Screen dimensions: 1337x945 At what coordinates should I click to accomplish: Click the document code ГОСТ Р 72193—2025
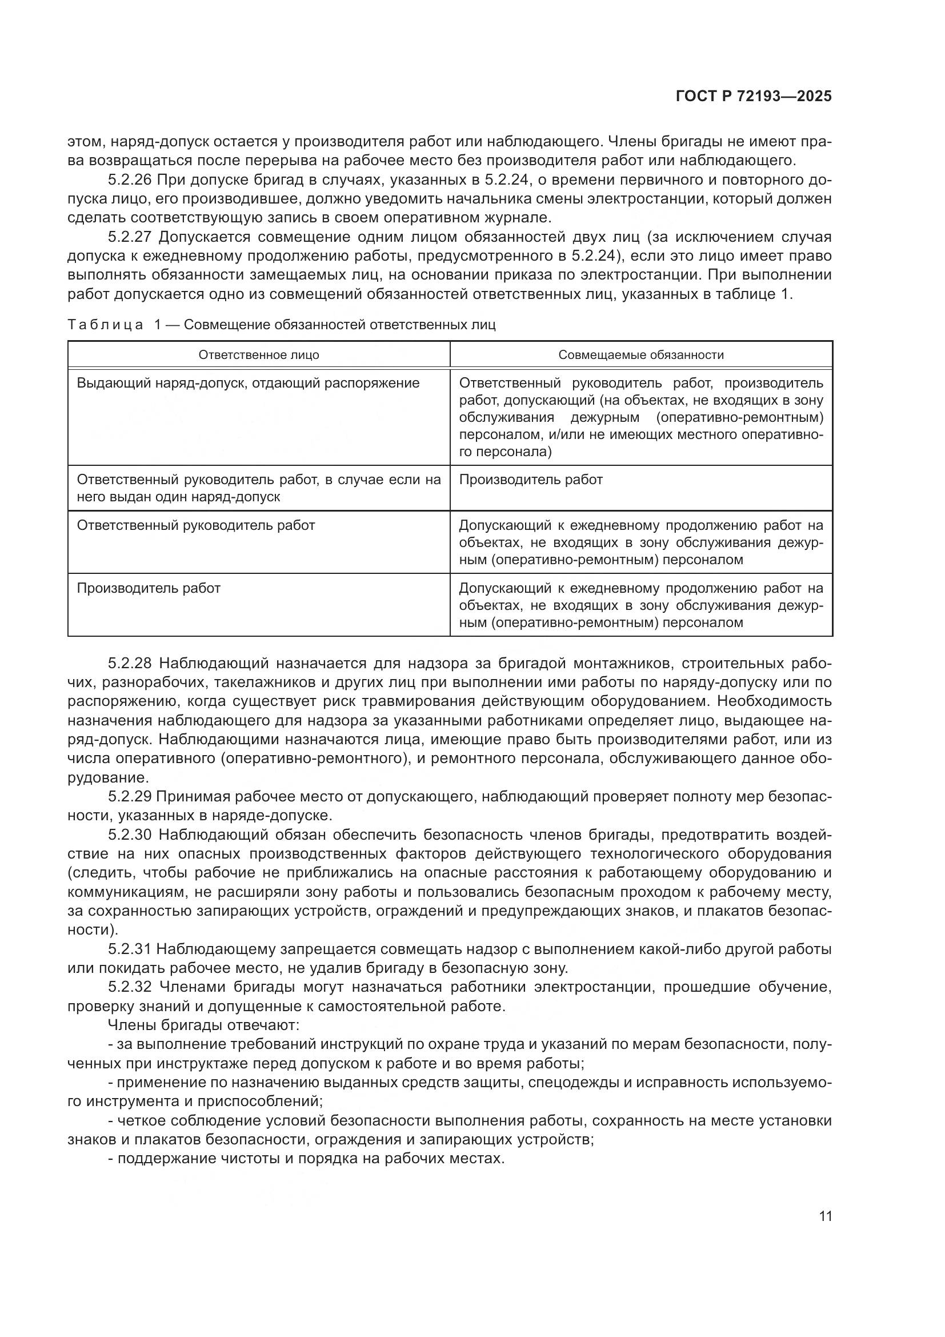pyautogui.click(x=754, y=97)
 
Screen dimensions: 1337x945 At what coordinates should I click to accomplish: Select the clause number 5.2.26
pyautogui.click(x=131, y=179)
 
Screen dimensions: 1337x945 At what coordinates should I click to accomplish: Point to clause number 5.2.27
pyautogui.click(x=131, y=237)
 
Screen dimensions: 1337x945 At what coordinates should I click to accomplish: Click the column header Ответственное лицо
pyautogui.click(x=259, y=354)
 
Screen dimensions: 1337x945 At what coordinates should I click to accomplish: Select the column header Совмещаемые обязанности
pyautogui.click(x=641, y=354)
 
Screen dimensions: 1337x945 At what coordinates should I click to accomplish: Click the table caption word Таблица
pyautogui.click(x=105, y=325)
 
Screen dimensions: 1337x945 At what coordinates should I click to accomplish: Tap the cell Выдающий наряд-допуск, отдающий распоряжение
pyautogui.click(x=248, y=383)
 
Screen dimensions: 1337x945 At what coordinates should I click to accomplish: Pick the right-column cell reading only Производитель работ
pyautogui.click(x=531, y=480)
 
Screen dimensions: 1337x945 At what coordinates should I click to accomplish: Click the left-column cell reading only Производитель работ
pyautogui.click(x=149, y=588)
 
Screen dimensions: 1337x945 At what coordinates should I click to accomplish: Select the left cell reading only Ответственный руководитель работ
pyautogui.click(x=196, y=525)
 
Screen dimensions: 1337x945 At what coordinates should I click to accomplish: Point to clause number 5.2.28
pyautogui.click(x=131, y=663)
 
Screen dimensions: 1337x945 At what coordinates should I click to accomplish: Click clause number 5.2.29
pyautogui.click(x=131, y=797)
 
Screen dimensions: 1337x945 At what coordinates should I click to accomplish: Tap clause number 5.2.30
pyautogui.click(x=131, y=835)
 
